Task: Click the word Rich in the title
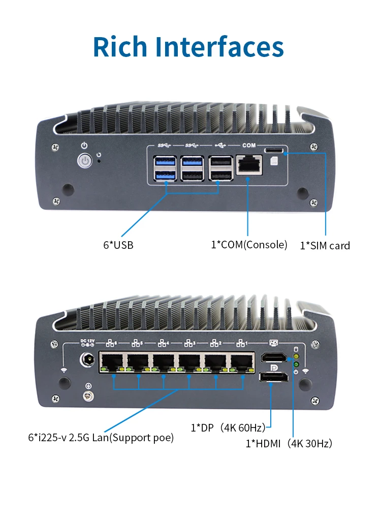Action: [121, 46]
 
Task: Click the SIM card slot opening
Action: [274, 150]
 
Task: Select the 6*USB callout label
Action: [118, 245]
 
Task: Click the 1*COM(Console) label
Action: [249, 245]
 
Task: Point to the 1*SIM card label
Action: [325, 246]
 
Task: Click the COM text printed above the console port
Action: [249, 146]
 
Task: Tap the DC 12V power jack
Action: [88, 362]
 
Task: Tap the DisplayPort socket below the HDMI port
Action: [272, 377]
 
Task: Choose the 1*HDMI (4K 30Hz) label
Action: [289, 443]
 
